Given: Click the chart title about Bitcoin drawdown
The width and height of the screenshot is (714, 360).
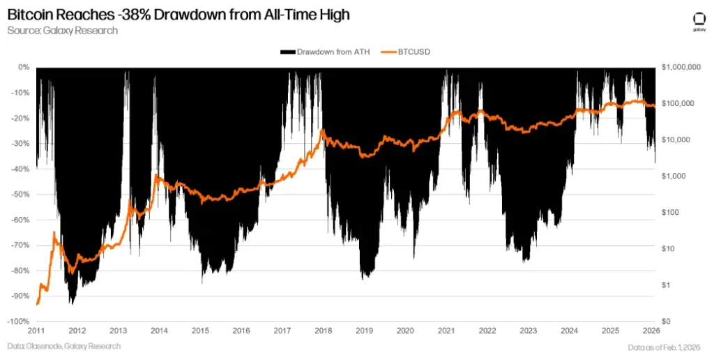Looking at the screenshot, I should [178, 14].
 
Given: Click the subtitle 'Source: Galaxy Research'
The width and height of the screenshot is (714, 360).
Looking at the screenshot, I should [63, 31].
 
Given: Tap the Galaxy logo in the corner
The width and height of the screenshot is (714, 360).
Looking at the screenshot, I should [698, 21].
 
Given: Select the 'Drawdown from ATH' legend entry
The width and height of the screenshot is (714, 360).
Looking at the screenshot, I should [324, 52].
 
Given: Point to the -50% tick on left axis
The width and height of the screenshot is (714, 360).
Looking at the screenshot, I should [19, 194].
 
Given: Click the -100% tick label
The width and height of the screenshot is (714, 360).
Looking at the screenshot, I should [17, 322].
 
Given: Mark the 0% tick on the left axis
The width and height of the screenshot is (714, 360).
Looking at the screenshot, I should [24, 67].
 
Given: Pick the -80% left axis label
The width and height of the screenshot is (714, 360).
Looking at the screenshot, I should [19, 271].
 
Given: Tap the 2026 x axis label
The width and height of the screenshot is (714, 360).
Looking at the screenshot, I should [651, 331].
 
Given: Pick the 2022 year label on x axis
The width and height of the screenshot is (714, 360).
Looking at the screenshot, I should [487, 331].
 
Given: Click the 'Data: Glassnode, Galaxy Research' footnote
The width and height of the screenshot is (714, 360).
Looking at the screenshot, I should [64, 347].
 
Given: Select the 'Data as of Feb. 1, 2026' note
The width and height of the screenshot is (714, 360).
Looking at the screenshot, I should [664, 347].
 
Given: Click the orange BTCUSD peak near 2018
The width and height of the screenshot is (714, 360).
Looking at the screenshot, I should [321, 130].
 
